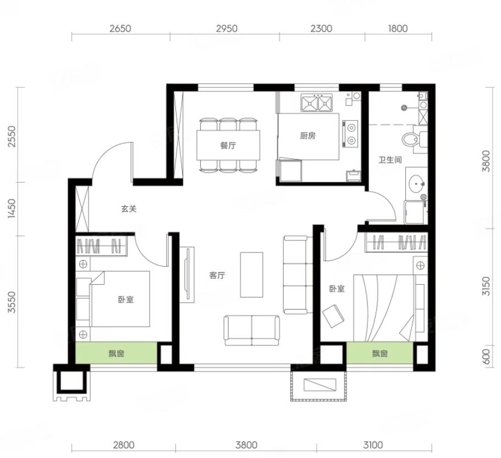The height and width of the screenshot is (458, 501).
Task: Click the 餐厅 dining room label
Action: coord(228,146)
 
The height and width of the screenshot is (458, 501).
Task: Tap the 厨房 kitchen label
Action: coord(307,136)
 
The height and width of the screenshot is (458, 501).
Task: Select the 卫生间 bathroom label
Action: coord(390,159)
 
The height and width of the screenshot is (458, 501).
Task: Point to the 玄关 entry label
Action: coord(129,209)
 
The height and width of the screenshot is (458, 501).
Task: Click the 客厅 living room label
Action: coord(217,275)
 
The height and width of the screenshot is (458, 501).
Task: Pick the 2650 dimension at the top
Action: coord(120,29)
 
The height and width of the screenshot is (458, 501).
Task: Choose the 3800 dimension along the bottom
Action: coord(246,445)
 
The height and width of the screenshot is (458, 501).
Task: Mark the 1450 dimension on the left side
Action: coord(12,208)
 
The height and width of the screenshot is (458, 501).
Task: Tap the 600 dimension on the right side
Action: coord(486,356)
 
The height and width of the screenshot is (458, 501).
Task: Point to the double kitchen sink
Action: coord(316,102)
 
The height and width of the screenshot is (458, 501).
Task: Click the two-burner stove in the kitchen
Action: coord(350,134)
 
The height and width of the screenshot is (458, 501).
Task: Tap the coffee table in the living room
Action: coord(252,275)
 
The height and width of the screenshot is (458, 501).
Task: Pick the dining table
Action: coord(228,145)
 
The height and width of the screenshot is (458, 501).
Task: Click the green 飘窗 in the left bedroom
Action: coord(116,353)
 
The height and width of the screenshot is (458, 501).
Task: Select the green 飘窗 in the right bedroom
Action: coord(379,353)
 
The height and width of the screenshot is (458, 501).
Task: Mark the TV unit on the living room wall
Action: coord(187,275)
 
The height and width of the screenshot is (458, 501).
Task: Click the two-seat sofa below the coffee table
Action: coord(252,330)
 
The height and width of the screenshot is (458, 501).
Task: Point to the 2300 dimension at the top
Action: coord(321,29)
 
